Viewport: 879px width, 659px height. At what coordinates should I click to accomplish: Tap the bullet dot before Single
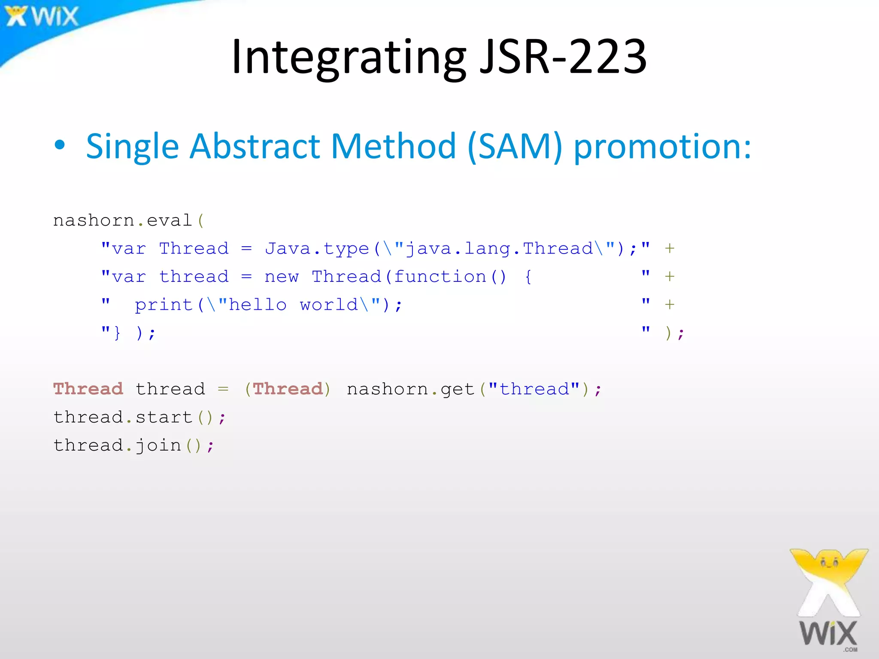(x=60, y=145)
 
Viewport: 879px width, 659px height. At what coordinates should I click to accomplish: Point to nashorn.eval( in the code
(x=128, y=221)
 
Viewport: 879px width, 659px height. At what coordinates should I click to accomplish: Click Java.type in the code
(x=317, y=249)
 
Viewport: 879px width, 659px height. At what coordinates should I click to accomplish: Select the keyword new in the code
(x=281, y=277)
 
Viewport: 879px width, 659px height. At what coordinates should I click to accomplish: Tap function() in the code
(x=450, y=277)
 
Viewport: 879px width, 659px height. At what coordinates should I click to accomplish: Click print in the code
(x=164, y=305)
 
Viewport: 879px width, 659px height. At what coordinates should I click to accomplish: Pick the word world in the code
(x=329, y=305)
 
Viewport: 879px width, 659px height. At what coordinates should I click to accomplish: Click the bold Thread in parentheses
(x=288, y=389)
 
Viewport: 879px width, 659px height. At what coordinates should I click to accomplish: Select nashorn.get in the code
(x=410, y=389)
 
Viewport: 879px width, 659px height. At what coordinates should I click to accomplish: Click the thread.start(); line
(x=139, y=417)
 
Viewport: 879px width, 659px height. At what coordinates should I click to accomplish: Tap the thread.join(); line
(x=133, y=445)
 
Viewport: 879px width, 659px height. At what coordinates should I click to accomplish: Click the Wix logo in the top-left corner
(x=42, y=16)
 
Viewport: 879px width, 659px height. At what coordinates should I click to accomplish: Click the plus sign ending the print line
(x=670, y=305)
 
